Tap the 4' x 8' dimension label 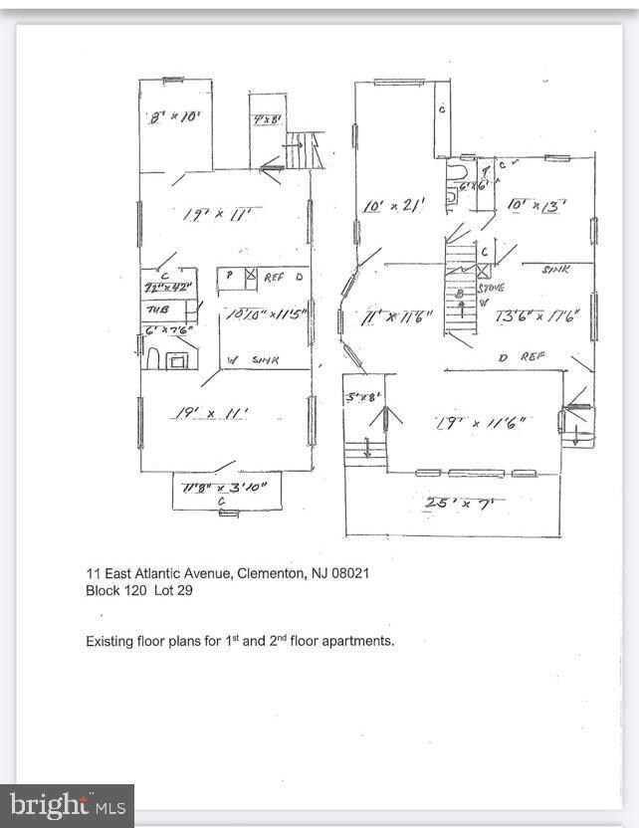[266, 119]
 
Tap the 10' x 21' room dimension [395, 205]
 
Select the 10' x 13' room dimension [536, 205]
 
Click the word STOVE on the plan [492, 288]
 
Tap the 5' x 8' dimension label [362, 396]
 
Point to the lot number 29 [185, 590]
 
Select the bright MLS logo [66, 805]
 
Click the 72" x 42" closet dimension [166, 288]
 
